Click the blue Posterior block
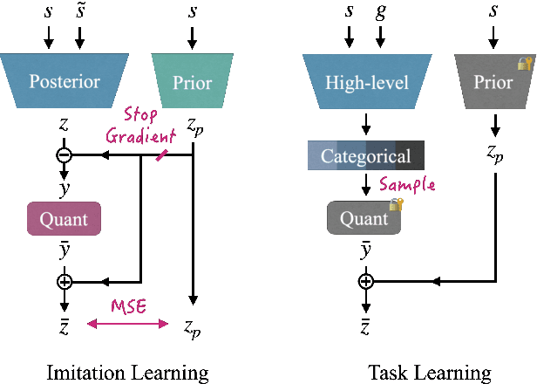65,82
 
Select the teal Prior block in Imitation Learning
192,82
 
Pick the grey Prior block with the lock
493,83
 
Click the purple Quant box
65,218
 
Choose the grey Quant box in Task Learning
364,218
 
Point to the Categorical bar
366,157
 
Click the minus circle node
64,155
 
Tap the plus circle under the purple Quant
64,282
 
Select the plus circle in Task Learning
366,281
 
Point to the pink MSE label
127,307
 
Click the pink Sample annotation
407,185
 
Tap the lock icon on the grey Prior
525,64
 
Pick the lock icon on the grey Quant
397,204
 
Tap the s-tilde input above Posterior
80,14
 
